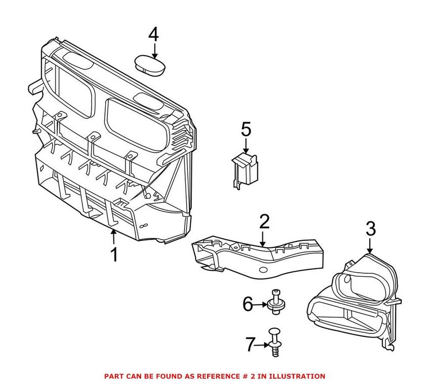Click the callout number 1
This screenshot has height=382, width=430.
click(114, 254)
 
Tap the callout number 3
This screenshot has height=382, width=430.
click(370, 229)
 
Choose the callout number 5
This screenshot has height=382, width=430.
click(246, 130)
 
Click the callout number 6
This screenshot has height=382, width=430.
click(247, 304)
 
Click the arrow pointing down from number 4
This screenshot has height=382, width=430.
click(154, 51)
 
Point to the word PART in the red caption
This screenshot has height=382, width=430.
click(114, 376)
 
